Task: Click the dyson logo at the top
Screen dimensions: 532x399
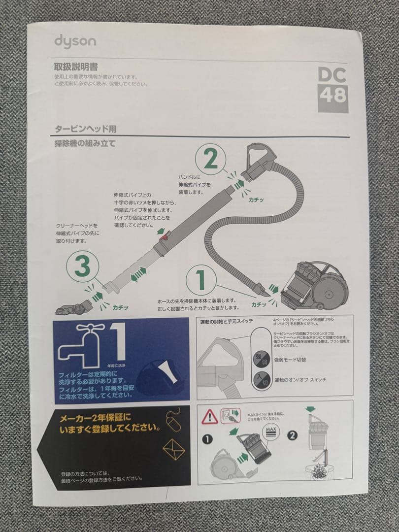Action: pyautogui.click(x=75, y=42)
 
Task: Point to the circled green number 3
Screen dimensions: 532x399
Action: pyautogui.click(x=82, y=266)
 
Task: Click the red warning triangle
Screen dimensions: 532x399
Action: pyautogui.click(x=210, y=417)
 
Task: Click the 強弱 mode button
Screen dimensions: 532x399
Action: pyautogui.click(x=260, y=358)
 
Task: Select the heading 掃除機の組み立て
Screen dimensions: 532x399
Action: pyautogui.click(x=85, y=144)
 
